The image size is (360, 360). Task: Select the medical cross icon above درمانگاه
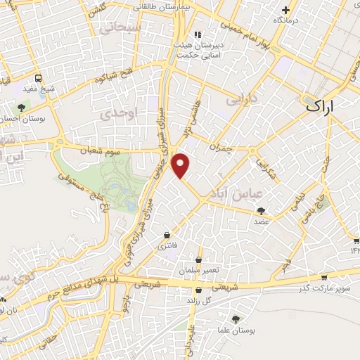pyautogui.click(x=285, y=10)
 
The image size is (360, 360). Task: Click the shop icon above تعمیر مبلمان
pyautogui.click(x=199, y=259)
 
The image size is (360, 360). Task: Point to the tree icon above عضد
pyautogui.click(x=262, y=210)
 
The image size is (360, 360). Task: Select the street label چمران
pyautogui.click(x=219, y=148)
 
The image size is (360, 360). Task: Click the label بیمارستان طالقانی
pyautogui.click(x=155, y=6)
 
